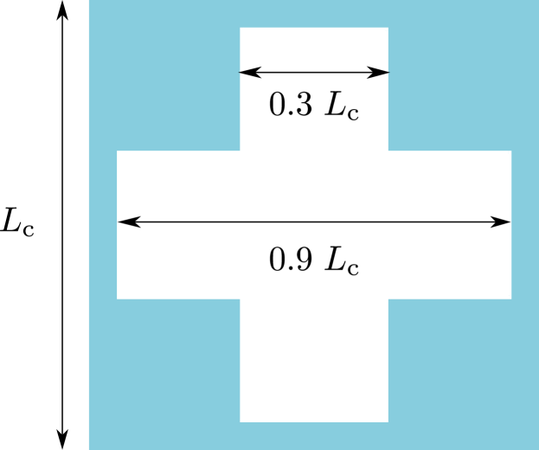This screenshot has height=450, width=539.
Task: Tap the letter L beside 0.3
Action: pos(334,105)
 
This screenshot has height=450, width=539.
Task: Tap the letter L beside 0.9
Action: pos(334,260)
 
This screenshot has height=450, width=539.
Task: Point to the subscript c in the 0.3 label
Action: pos(352,112)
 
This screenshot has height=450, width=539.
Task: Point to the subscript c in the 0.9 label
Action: pos(352,267)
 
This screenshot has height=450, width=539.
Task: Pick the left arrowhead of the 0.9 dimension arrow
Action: pos(126,222)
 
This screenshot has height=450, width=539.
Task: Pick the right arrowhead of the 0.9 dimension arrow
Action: pos(502,222)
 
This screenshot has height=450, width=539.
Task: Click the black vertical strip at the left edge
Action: pos(43,225)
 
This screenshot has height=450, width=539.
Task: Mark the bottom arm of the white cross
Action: pos(314,363)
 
